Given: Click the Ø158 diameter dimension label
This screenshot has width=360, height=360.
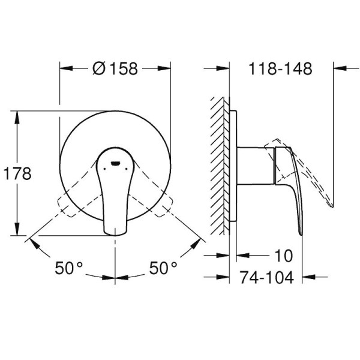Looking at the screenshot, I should click(x=116, y=68).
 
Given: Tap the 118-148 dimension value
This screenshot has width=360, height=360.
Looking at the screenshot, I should click(x=281, y=68).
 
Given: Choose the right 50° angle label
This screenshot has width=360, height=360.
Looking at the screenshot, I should click(x=163, y=268).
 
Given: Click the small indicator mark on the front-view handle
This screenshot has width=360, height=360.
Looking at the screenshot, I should click(x=115, y=163).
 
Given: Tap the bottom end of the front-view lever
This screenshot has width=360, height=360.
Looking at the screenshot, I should click(x=115, y=230).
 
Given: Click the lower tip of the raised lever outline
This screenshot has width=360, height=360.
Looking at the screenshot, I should click(x=332, y=206).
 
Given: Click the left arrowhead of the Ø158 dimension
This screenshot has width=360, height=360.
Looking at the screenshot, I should click(x=64, y=68).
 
